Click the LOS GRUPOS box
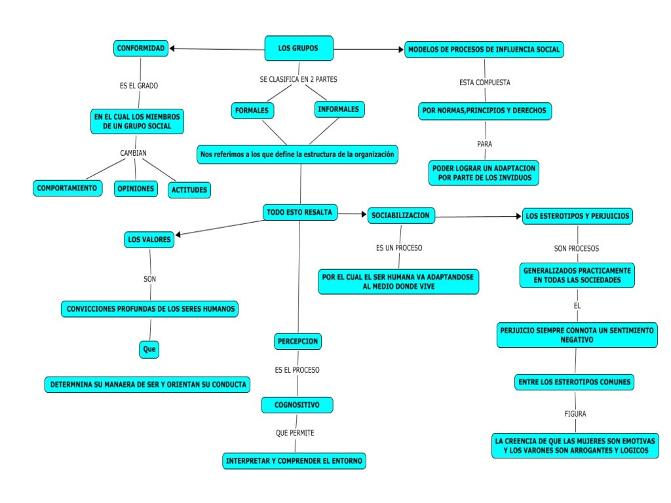click(299, 48)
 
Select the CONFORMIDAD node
click(141, 48)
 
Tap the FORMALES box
click(252, 111)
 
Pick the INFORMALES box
click(339, 109)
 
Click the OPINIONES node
click(136, 189)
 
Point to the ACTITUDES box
click(189, 190)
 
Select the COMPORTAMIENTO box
click(67, 188)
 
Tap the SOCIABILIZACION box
click(400, 215)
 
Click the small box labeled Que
click(149, 350)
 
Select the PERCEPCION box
click(297, 341)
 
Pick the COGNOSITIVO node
click(297, 405)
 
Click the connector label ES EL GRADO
click(138, 86)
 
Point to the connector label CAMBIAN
click(133, 153)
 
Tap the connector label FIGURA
click(575, 414)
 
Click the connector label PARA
click(484, 143)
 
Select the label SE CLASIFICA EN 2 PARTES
click(298, 79)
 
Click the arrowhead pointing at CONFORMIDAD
click(172, 48)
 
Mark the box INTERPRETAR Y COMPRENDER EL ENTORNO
click(294, 461)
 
